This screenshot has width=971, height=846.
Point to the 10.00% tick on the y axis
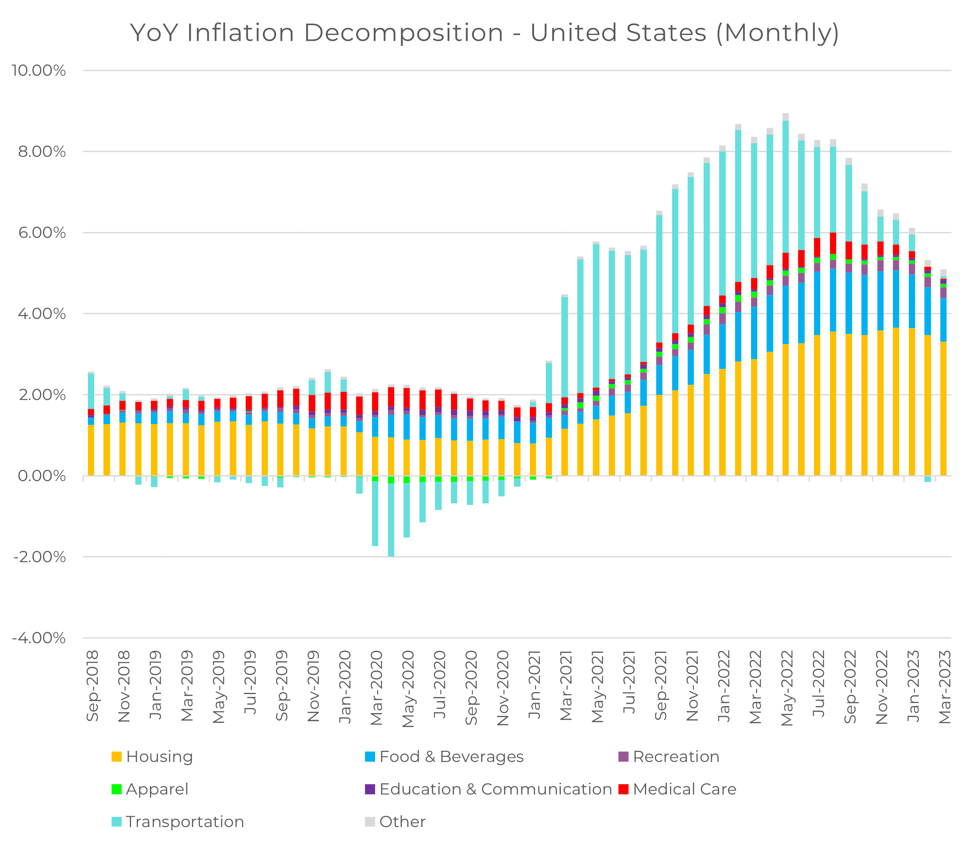coord(39,71)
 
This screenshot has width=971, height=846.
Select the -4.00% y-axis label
coord(39,638)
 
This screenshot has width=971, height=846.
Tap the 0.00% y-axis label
coord(42,476)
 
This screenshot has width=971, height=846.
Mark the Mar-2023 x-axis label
coord(945,687)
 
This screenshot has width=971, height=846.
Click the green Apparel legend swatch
coord(117,789)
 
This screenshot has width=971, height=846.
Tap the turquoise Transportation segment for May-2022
coord(786,187)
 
